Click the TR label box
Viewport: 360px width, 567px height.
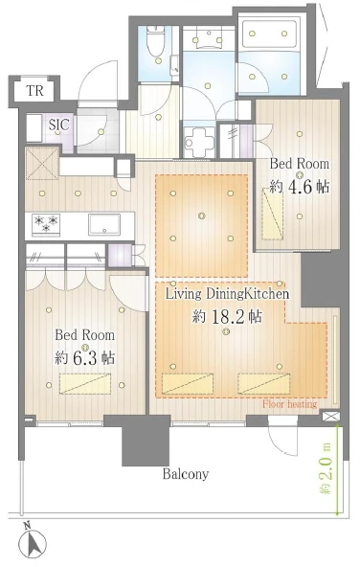pos(34,91)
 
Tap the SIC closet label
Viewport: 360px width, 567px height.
pos(58,125)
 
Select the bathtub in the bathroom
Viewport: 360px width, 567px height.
pos(269,34)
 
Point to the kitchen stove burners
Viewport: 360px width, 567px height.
pos(46,224)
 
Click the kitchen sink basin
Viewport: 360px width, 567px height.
pos(104,224)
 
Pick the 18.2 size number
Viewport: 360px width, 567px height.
pos(228,317)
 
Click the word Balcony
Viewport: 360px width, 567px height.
pos(186,474)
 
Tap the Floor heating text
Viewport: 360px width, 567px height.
pos(290,404)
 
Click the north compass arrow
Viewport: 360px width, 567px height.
pos(33,543)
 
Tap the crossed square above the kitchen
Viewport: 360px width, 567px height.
pos(42,163)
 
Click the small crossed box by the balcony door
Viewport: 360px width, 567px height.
pos(331,417)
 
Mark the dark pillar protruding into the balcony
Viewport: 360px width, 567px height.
pos(146,441)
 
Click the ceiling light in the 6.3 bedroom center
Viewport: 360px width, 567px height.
pos(85,347)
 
